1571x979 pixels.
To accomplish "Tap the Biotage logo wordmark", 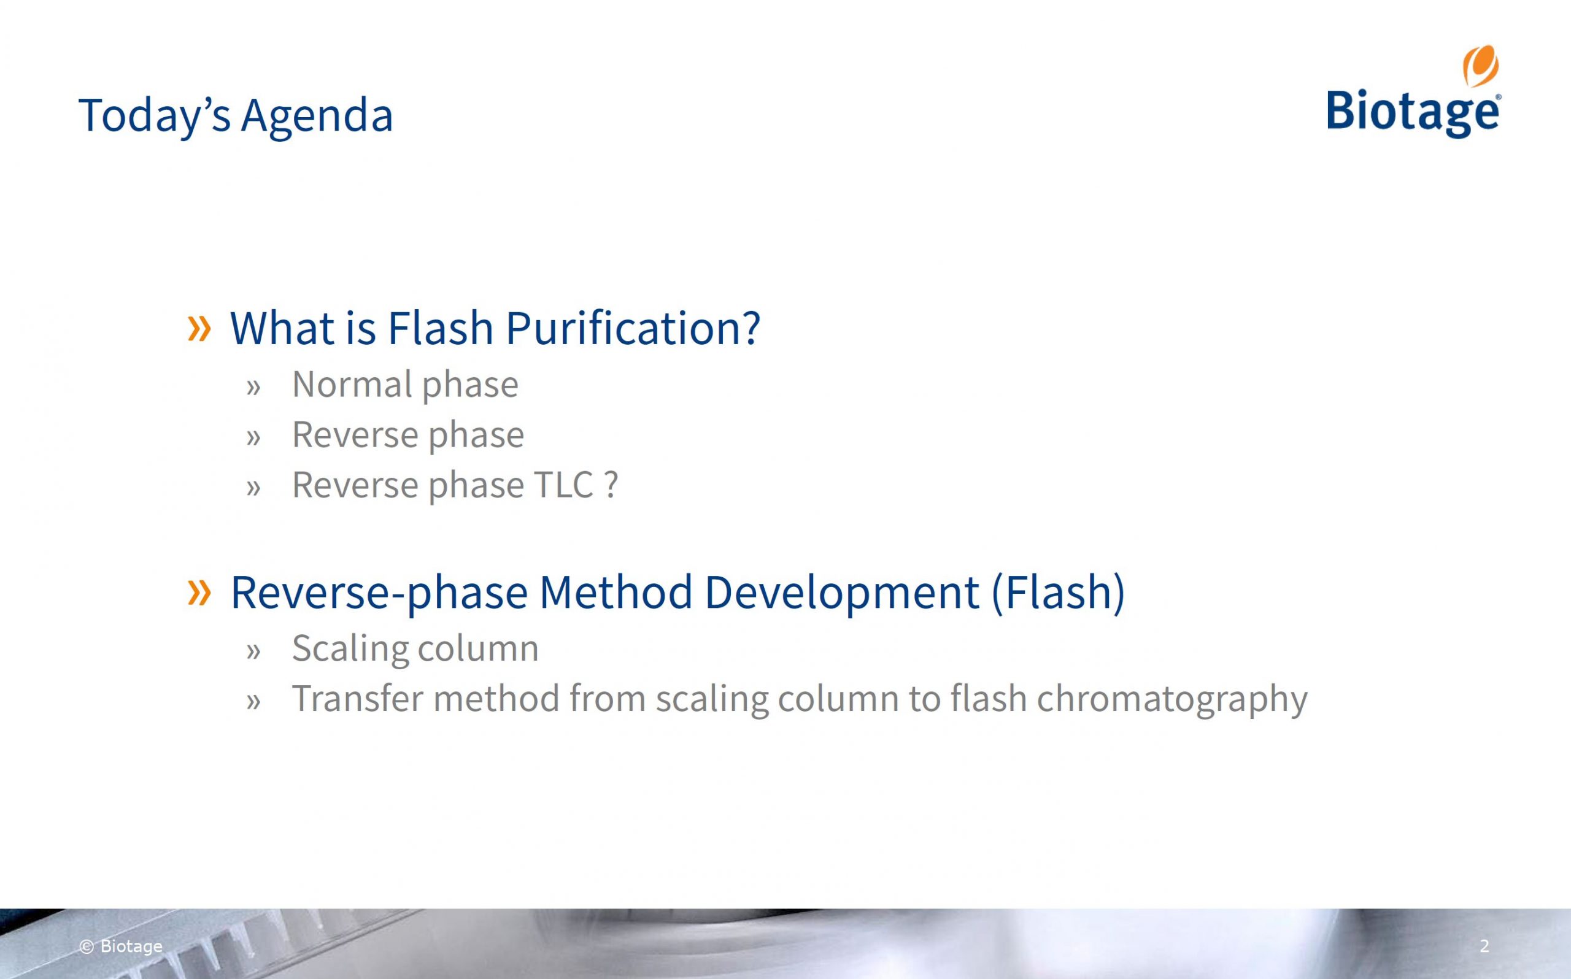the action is coord(1414,114).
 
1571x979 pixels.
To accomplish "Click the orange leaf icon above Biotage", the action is coord(1481,66).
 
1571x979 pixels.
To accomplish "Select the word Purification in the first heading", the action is coord(633,328).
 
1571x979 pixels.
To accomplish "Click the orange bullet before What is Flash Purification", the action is coord(199,328).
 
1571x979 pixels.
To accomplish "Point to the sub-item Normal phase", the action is coord(406,385).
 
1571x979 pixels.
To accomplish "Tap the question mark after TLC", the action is coord(611,485).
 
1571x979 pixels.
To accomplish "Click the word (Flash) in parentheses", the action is coord(1058,593).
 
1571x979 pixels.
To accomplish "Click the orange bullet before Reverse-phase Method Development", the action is coord(199,593).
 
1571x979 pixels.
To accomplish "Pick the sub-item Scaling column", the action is coord(415,649).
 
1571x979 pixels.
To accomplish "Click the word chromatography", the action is coord(1172,699).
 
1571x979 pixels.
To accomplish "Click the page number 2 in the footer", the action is coord(1485,946).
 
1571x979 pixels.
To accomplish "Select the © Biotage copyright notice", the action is coord(120,946).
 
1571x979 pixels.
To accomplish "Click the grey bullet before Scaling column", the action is coord(253,651).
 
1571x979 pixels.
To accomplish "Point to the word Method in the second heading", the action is coord(616,593).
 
